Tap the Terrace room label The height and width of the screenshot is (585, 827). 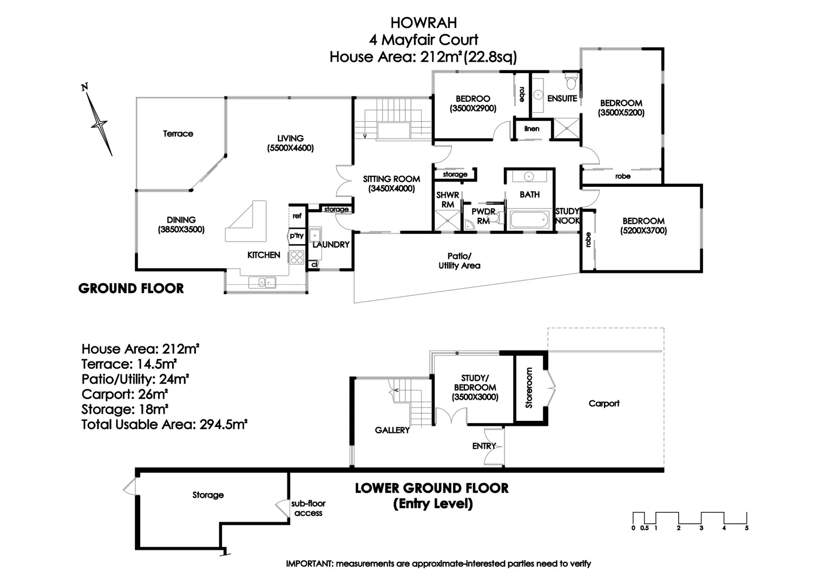(x=178, y=134)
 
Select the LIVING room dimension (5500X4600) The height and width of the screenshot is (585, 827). (x=290, y=148)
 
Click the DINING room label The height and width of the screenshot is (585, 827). (x=181, y=220)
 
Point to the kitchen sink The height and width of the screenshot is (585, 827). (x=262, y=282)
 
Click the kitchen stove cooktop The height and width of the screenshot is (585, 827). (x=297, y=256)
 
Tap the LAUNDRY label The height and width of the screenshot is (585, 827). (x=331, y=245)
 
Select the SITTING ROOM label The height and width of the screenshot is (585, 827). (x=391, y=179)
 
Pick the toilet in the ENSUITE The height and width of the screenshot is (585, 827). (x=570, y=82)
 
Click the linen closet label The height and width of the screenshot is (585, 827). (x=532, y=129)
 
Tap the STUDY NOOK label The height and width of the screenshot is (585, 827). (x=567, y=216)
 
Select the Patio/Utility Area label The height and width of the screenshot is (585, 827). (x=459, y=261)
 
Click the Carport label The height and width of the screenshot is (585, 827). (x=604, y=404)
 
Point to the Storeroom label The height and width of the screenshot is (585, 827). (x=529, y=388)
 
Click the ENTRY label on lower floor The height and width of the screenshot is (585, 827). (x=484, y=446)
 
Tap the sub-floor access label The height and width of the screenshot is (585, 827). (x=308, y=508)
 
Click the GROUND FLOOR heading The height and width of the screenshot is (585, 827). (x=131, y=288)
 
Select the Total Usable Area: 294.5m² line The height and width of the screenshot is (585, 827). (x=164, y=425)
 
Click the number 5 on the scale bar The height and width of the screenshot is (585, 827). (x=746, y=528)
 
